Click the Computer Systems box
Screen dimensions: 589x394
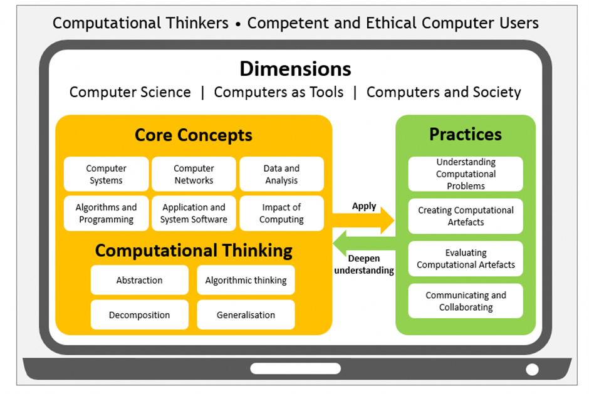[107, 174]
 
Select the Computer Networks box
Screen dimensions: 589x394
[194, 174]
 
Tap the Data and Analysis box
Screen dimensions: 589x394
[282, 174]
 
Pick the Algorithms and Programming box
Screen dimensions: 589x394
[107, 213]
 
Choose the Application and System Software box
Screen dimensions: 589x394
[194, 213]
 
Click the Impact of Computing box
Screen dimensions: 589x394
[282, 213]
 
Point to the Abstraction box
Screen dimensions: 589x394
[139, 280]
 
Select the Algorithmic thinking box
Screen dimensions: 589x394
[246, 280]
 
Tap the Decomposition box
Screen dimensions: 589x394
[139, 314]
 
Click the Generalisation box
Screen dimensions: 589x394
[246, 314]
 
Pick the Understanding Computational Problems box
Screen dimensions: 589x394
[466, 174]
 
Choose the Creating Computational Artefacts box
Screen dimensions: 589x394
[466, 216]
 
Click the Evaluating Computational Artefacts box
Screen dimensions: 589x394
[466, 259]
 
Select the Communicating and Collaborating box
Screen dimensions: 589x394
[466, 301]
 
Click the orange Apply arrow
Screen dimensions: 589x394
[363, 220]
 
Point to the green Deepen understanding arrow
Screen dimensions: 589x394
[363, 244]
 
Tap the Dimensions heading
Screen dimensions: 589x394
[296, 69]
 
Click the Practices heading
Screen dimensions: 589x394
[466, 134]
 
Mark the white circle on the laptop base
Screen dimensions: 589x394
[532, 370]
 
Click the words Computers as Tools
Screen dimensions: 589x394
[279, 92]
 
